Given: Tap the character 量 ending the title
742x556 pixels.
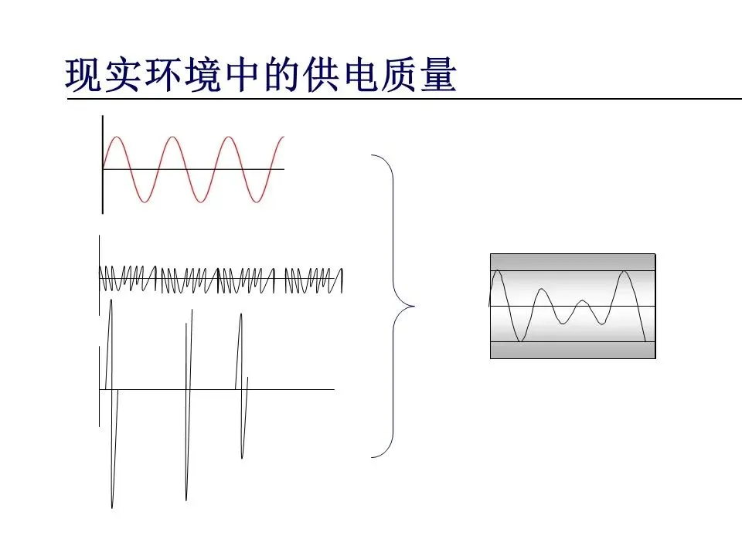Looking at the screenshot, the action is coord(437,75).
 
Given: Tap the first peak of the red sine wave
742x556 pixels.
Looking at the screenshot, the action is coord(116,137).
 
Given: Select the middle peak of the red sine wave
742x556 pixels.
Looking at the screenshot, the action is coord(172,137).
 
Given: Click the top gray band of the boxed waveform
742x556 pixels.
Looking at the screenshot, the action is coord(573,262).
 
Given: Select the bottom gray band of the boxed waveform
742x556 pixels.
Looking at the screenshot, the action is coord(573,350).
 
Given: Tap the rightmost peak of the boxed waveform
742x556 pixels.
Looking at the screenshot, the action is coord(623,272).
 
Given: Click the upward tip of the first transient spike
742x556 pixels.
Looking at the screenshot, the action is coord(111,299).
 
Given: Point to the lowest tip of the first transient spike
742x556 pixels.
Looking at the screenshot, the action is coord(112,507).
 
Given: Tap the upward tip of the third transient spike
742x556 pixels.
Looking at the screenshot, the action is coord(241,314).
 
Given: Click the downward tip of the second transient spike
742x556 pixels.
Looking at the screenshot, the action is coord(186,499).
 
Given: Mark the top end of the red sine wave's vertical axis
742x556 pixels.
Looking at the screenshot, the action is coord(102,117).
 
